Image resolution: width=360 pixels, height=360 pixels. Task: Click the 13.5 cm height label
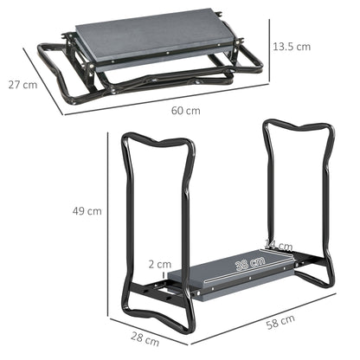coord(290,46)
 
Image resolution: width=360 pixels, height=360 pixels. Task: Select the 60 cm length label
coord(186,112)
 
